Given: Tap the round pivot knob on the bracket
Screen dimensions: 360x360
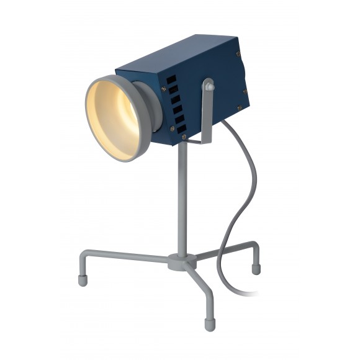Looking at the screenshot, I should coord(208,86).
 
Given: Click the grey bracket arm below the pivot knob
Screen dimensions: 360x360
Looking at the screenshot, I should coord(206,121).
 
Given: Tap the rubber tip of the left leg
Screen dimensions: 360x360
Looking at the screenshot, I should coord(83,280).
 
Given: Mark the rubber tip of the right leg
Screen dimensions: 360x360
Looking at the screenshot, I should coord(256,269).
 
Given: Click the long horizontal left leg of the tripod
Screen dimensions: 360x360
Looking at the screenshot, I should coord(124,255).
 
